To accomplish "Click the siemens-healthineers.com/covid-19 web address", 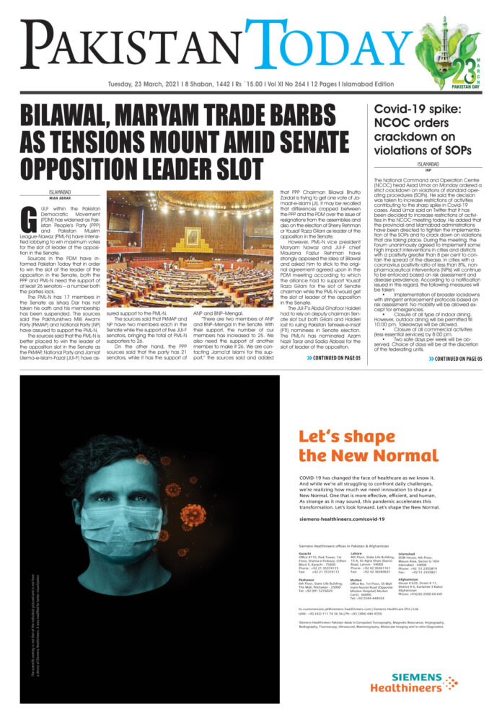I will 336,517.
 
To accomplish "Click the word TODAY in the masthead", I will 330,45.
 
